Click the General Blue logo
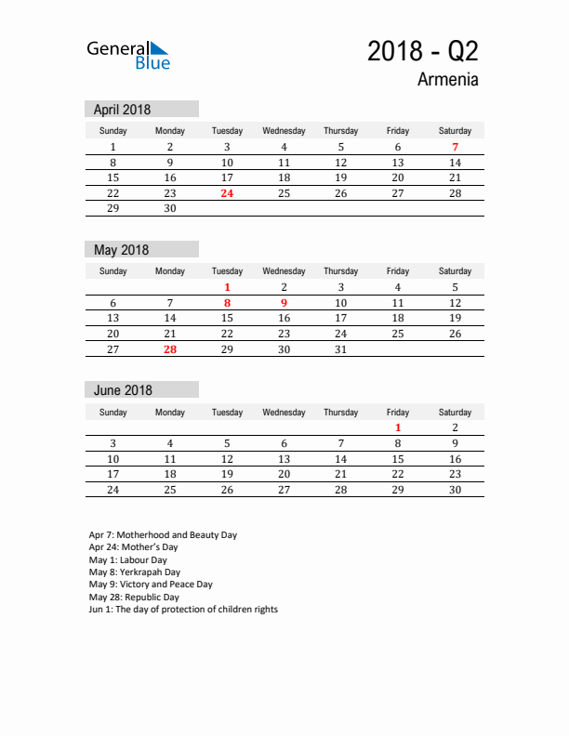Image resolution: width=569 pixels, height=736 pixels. [x=128, y=55]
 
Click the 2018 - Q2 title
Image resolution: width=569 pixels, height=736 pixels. [x=423, y=51]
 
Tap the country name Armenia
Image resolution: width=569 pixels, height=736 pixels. [x=447, y=80]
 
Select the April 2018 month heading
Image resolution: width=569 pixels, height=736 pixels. [x=122, y=110]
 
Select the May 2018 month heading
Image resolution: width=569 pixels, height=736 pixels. [x=121, y=250]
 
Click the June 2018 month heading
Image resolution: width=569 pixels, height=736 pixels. [x=123, y=390]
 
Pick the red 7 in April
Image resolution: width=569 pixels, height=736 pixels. [x=455, y=147]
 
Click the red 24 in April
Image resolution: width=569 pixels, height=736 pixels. [x=227, y=193]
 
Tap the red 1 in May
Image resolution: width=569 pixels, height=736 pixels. [x=227, y=287]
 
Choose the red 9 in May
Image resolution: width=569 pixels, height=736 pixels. [x=284, y=303]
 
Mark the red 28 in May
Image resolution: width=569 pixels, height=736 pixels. [x=170, y=349]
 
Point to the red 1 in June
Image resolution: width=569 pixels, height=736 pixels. [x=398, y=427]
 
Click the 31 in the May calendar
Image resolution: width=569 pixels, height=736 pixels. [x=340, y=349]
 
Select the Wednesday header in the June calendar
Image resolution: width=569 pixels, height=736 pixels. [x=284, y=412]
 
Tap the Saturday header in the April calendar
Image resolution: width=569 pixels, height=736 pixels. [x=455, y=131]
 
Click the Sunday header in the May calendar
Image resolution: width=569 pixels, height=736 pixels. [x=113, y=271]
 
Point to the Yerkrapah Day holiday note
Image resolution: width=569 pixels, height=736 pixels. [x=135, y=572]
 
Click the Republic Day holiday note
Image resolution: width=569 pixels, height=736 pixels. [x=133, y=597]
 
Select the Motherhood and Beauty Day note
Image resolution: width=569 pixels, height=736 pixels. [x=163, y=535]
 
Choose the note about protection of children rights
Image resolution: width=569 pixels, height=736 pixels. [x=183, y=610]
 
